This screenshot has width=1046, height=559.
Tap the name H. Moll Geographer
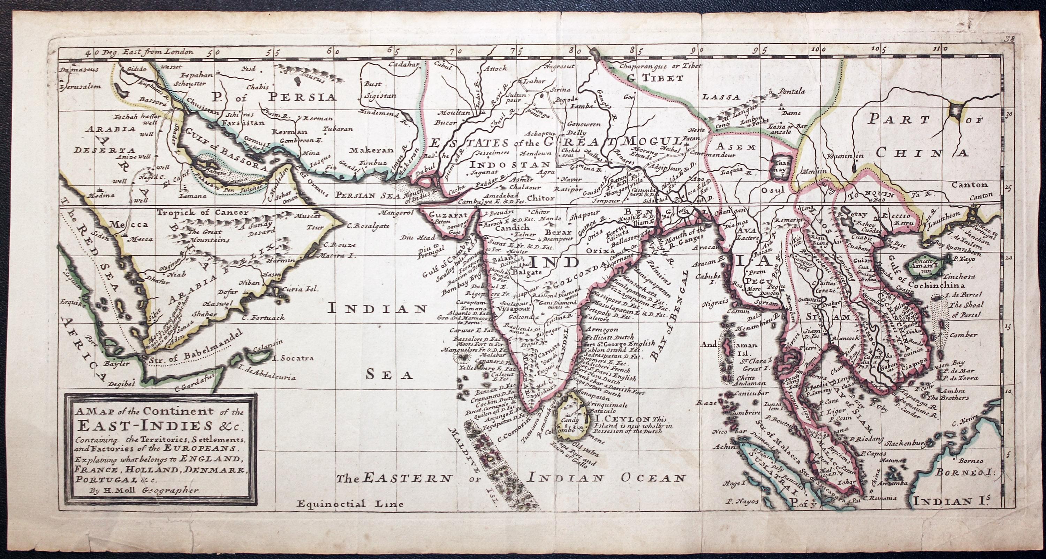(146, 491)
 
